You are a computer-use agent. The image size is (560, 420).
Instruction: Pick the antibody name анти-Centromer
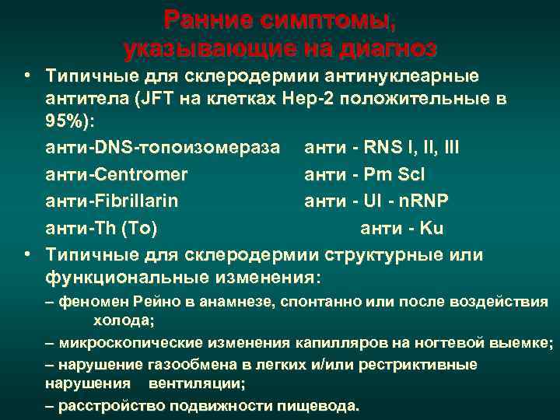tap(117, 174)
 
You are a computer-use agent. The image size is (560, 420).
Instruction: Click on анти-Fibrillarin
tap(112, 201)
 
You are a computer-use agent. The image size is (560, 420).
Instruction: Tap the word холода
tap(124, 320)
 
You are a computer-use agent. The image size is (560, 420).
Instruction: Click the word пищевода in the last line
tap(324, 405)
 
